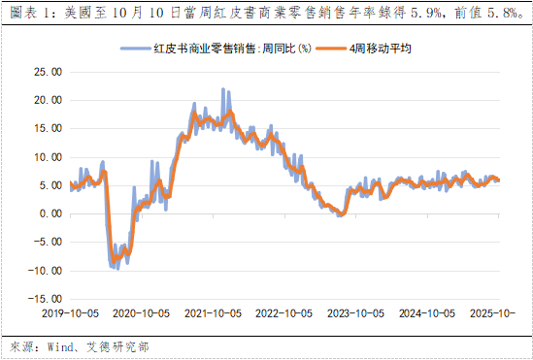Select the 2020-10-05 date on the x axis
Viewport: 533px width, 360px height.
pos(143,314)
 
